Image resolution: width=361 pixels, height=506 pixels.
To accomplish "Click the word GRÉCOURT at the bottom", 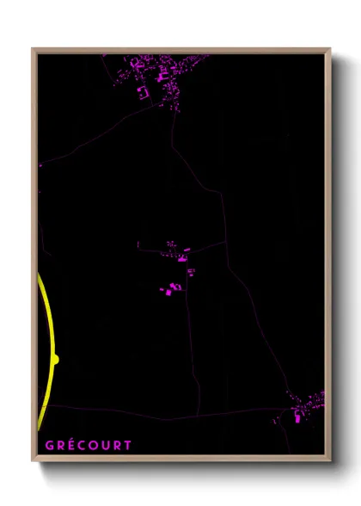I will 89,445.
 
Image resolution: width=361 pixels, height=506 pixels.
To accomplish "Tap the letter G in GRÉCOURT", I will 49,445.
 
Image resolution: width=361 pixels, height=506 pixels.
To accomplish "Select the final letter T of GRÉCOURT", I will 128,445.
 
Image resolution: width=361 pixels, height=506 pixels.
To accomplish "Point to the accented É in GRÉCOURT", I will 71,445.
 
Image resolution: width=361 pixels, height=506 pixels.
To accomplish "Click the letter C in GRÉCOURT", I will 83,445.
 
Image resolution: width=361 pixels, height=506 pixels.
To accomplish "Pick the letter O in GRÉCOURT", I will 94,445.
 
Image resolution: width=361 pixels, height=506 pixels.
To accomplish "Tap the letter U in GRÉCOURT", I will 106,445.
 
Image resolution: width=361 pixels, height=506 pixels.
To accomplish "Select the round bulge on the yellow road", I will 55,360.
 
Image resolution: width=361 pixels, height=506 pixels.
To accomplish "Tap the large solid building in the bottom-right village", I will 299,417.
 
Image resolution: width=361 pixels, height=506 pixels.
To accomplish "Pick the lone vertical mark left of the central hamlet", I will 138,245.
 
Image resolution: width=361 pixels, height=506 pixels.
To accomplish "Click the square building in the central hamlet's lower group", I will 168,292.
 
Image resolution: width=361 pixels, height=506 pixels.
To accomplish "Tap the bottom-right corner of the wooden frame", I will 329,460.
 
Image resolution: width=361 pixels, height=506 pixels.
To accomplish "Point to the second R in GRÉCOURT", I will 117,445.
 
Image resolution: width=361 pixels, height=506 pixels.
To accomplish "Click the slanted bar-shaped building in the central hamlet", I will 185,256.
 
